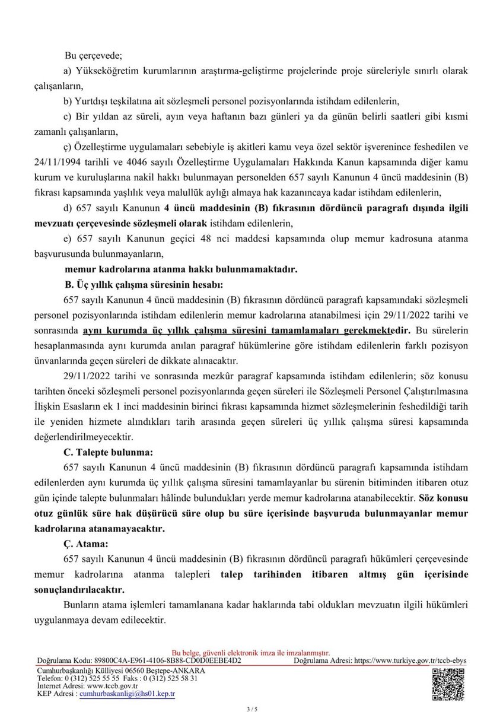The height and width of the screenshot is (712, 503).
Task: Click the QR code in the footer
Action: (x=448, y=682)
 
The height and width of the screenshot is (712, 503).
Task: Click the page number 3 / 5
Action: (x=251, y=708)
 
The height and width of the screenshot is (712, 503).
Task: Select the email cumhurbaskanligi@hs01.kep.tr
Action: (x=128, y=693)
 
